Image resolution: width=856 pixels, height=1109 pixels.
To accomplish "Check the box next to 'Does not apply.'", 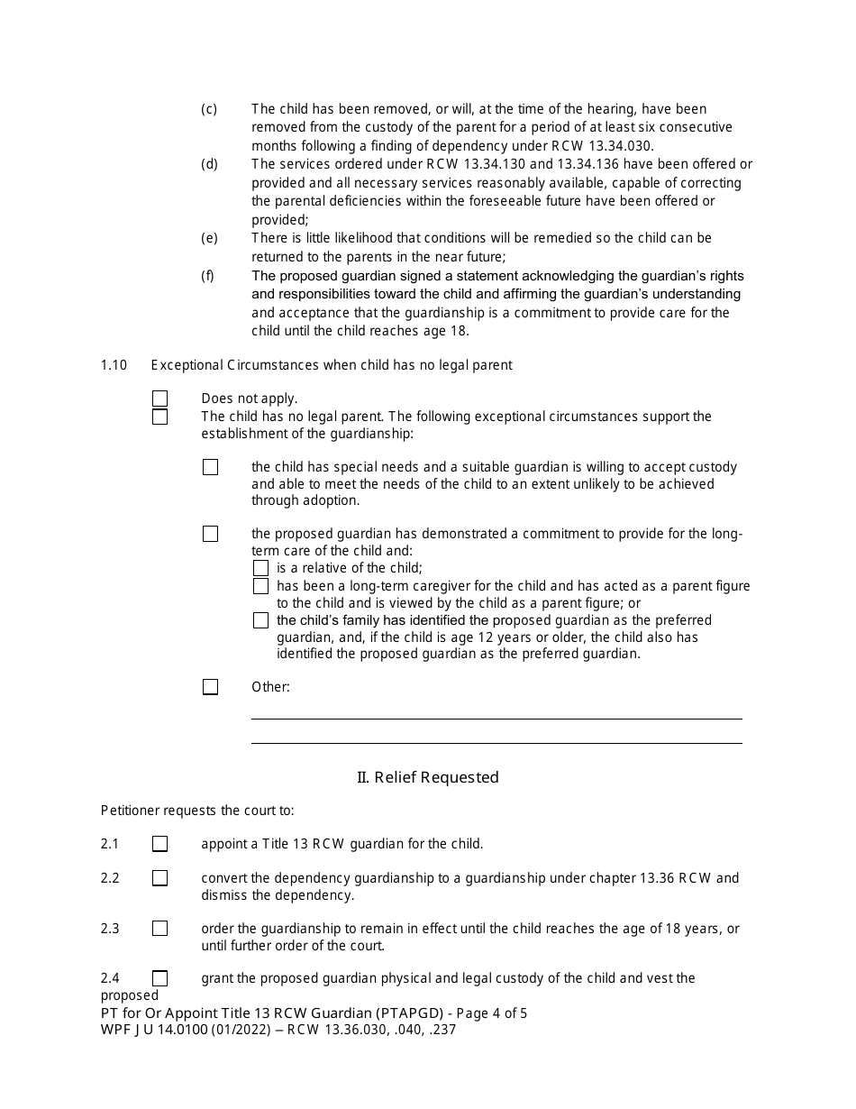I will (x=159, y=399).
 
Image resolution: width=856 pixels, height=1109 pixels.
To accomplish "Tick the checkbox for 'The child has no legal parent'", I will (x=159, y=417).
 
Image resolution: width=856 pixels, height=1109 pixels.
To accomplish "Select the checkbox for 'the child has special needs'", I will (x=210, y=467).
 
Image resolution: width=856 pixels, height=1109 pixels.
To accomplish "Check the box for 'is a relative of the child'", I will (x=260, y=568).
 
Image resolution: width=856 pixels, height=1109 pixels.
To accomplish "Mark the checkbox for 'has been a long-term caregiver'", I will (x=260, y=586).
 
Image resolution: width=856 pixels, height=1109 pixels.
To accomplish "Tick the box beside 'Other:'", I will (x=210, y=687).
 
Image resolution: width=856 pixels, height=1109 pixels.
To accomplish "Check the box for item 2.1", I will (x=159, y=844).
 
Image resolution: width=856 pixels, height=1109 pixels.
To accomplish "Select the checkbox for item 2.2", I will (x=159, y=878).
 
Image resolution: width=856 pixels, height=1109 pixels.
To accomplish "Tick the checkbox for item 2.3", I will (x=159, y=929).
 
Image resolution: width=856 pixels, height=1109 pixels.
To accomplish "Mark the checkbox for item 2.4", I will (x=159, y=978).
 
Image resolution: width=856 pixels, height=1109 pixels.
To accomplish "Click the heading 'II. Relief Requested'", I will (x=428, y=777).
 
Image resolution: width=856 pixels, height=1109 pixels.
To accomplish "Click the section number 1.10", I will (x=114, y=365).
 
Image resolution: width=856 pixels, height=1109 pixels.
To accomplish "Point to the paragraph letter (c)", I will (x=209, y=109).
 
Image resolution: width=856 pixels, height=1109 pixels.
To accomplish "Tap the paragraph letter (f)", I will (x=208, y=276).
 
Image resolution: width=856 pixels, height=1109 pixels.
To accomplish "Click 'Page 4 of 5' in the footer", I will (x=486, y=1013).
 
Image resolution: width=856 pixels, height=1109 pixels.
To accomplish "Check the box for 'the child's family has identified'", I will (x=260, y=620).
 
